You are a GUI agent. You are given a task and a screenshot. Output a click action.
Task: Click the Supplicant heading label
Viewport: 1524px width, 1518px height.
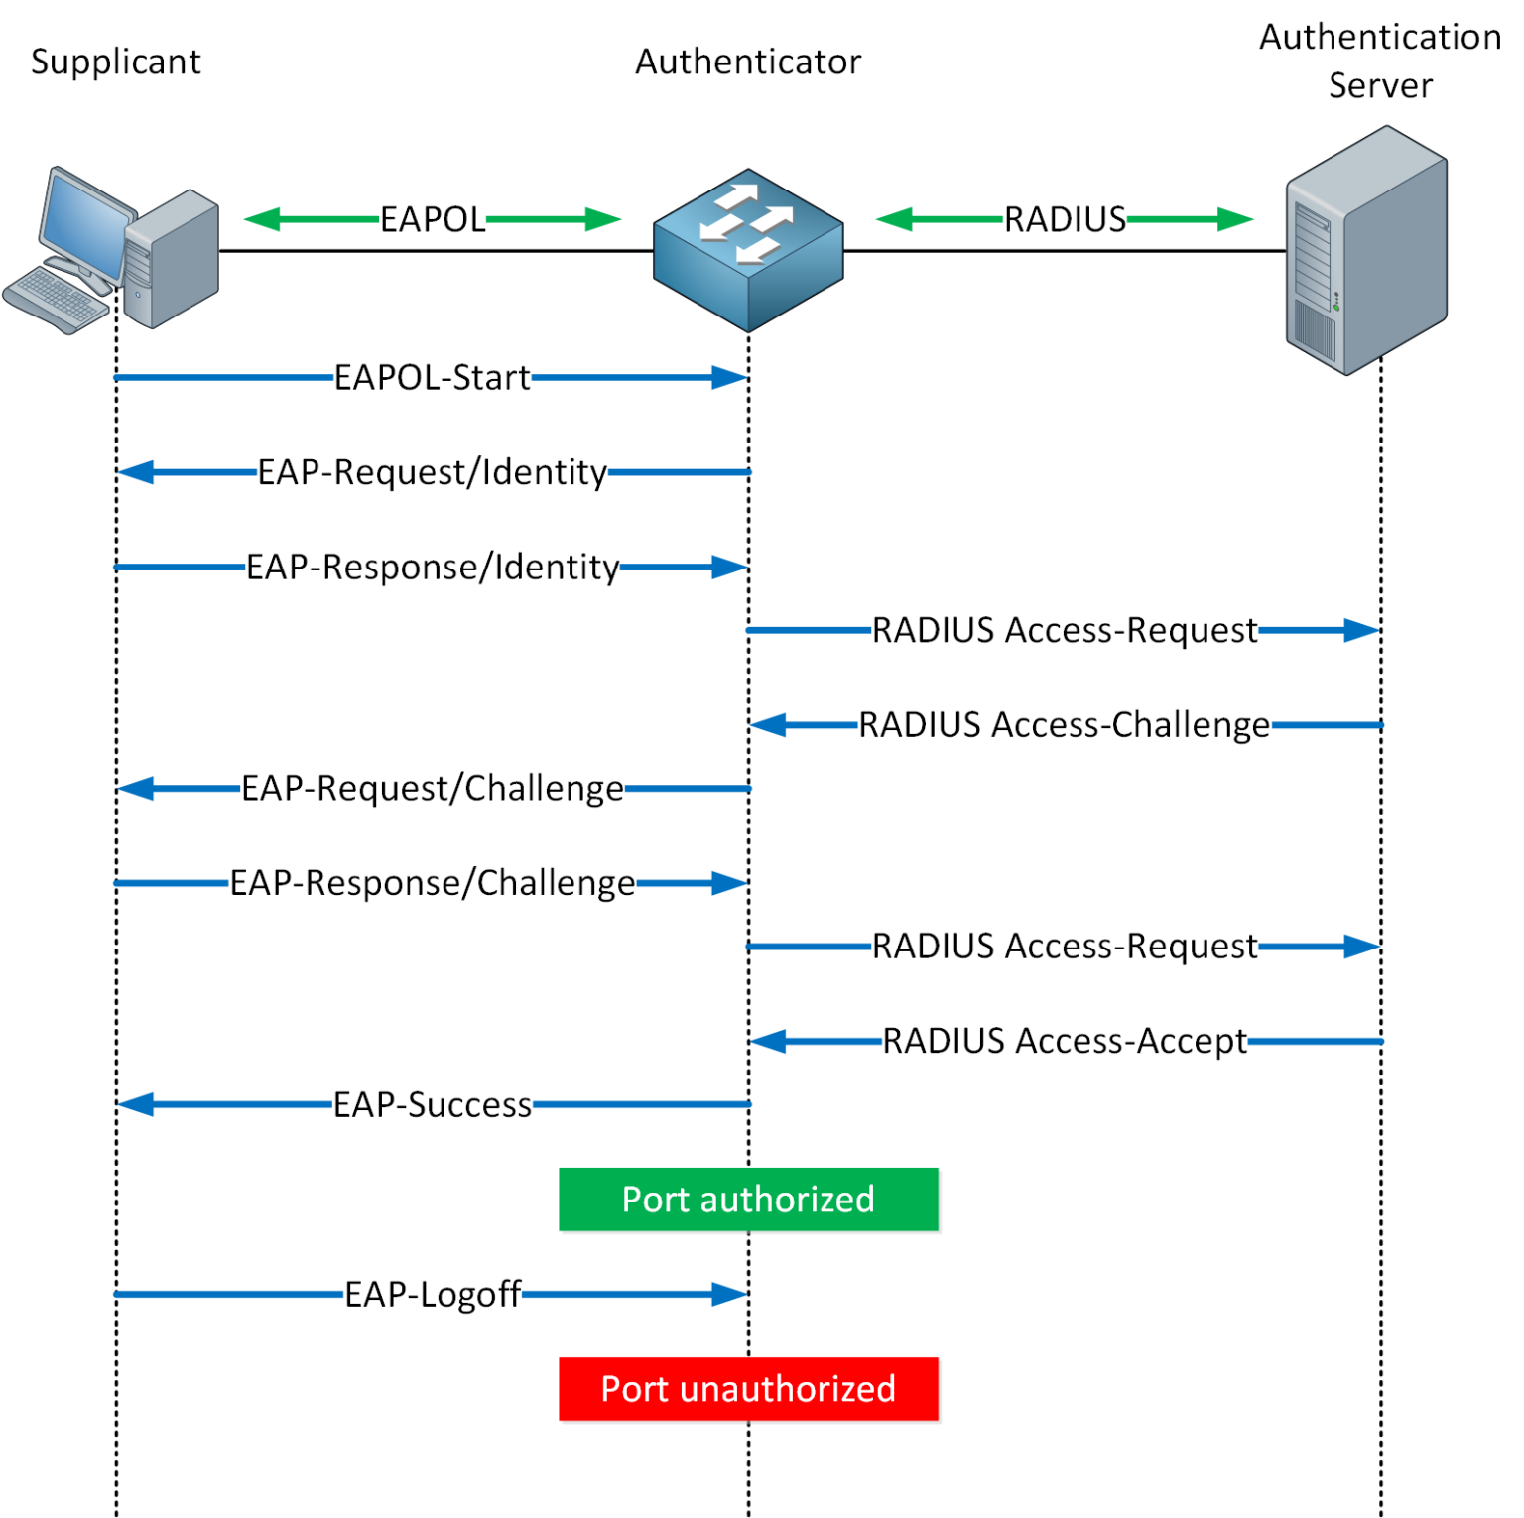pyautogui.click(x=115, y=62)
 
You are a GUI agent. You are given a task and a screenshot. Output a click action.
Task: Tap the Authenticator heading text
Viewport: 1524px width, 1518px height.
pyautogui.click(x=748, y=62)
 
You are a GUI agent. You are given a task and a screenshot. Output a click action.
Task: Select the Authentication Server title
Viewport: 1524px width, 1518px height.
pyautogui.click(x=1379, y=61)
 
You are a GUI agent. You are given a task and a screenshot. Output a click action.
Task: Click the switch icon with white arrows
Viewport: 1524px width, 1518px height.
pyautogui.click(x=748, y=248)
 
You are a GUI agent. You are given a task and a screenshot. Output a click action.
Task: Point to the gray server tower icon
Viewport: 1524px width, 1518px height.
pyautogui.click(x=1367, y=250)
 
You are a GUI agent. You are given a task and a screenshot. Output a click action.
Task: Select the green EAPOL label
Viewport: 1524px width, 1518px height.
pyautogui.click(x=433, y=219)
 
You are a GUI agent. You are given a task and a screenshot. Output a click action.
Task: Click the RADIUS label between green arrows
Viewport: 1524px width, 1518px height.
pyautogui.click(x=1065, y=219)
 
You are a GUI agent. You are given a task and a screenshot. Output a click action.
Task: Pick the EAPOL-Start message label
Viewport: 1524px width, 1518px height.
pyautogui.click(x=433, y=378)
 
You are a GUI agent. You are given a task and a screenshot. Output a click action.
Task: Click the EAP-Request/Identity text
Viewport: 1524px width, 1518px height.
pyautogui.click(x=433, y=472)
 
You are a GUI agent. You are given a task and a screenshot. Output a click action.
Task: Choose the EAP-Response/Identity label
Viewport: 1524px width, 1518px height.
pyautogui.click(x=433, y=568)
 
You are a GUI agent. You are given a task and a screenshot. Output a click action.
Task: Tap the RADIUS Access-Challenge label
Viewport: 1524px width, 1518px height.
pyautogui.click(x=1065, y=725)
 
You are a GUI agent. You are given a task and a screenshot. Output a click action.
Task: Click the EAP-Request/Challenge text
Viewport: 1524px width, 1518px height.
pyautogui.click(x=433, y=789)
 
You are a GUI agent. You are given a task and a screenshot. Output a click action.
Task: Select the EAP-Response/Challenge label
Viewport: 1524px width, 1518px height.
pyautogui.click(x=433, y=883)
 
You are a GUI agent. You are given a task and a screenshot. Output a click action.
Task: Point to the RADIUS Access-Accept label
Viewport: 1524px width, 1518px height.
pyautogui.click(x=1065, y=1041)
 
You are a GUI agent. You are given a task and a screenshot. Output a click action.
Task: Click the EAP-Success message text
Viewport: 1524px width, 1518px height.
pyautogui.click(x=433, y=1104)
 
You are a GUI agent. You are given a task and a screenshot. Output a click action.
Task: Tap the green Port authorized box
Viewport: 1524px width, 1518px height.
pyautogui.click(x=748, y=1200)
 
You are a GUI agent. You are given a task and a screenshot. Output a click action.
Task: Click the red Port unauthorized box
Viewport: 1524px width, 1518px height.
pyautogui.click(x=748, y=1389)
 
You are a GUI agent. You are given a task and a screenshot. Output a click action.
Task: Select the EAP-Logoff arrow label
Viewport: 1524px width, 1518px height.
pyautogui.click(x=433, y=1294)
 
